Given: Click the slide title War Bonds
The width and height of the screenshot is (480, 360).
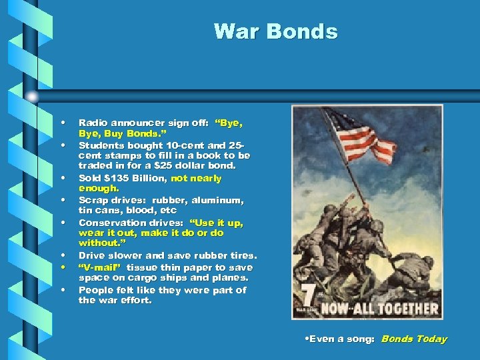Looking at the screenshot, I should [275, 31].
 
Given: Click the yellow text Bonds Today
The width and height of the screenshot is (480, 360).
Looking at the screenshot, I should [414, 339].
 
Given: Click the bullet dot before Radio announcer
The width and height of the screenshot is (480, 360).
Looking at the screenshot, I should [62, 123].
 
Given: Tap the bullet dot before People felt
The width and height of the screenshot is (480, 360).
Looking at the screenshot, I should [62, 290].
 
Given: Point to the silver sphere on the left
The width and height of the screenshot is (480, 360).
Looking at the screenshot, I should [31, 97].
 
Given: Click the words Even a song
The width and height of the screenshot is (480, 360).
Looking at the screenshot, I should [337, 339].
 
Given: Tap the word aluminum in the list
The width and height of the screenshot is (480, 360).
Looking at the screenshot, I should [220, 201].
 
